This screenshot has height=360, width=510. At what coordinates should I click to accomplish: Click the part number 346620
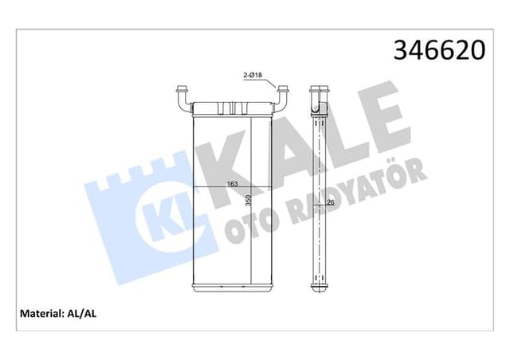coord(439,51)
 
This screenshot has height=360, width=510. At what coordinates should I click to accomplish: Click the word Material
coord(38,313)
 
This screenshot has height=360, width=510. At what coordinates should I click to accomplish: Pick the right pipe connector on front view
coord(281,99)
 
